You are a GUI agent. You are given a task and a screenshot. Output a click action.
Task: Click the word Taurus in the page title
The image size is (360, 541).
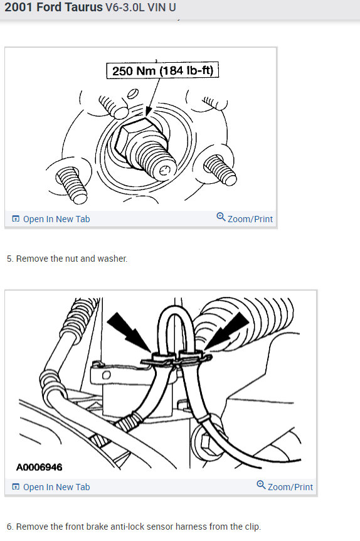click(80, 9)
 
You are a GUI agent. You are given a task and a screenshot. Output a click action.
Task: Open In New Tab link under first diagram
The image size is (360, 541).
click(51, 219)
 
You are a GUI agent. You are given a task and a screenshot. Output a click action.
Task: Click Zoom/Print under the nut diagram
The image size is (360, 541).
click(250, 219)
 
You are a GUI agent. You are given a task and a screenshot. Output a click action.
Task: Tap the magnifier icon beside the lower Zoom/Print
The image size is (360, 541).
click(261, 485)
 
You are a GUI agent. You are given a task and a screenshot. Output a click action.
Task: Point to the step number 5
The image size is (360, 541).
click(9, 259)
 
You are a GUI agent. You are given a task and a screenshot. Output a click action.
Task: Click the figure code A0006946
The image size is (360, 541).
click(40, 467)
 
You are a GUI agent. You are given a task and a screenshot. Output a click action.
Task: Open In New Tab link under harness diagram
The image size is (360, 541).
click(51, 487)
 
